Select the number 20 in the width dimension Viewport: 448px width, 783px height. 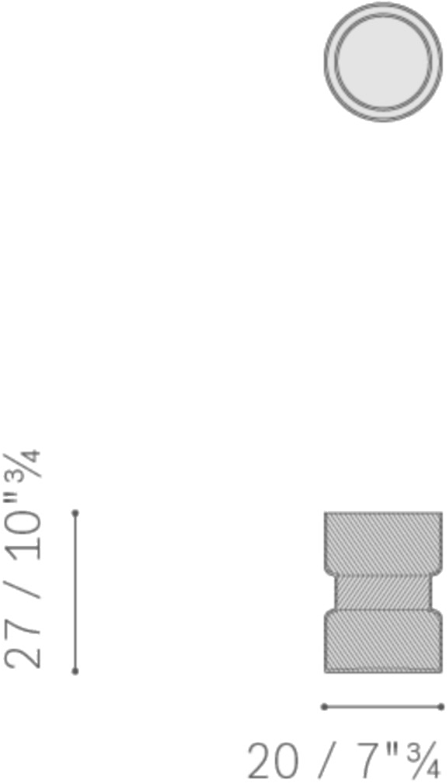(x=273, y=761)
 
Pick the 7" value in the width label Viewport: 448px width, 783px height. (x=377, y=760)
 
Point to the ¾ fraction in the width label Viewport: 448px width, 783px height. (x=423, y=761)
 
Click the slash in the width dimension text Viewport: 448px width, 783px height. (x=327, y=761)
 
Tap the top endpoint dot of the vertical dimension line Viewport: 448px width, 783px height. (x=75, y=513)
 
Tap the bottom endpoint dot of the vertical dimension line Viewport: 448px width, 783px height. (x=75, y=671)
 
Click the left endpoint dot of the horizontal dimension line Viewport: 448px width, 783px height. (x=324, y=706)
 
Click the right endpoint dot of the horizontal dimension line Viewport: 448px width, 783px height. (x=441, y=706)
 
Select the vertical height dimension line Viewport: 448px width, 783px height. (x=75, y=592)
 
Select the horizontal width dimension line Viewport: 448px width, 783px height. (x=383, y=706)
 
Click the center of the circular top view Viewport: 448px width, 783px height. (x=383, y=62)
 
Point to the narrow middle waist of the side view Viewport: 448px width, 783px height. (x=383, y=593)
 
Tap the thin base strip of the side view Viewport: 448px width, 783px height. (x=383, y=670)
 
